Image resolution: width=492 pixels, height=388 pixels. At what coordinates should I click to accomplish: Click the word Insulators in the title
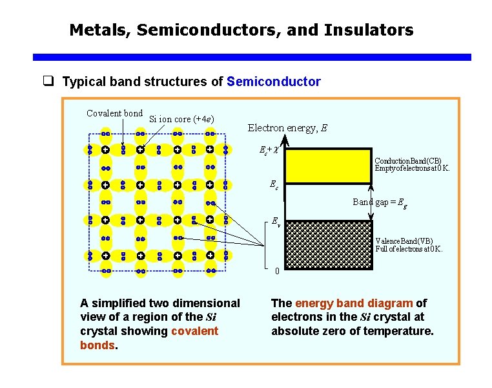373,30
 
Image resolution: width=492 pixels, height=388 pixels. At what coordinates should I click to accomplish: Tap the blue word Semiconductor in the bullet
274,81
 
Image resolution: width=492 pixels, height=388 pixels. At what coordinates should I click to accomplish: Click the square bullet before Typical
47,81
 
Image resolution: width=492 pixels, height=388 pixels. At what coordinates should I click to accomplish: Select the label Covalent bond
115,114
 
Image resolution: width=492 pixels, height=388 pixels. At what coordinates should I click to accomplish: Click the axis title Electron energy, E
287,128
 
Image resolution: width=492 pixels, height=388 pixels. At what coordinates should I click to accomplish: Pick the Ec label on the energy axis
274,186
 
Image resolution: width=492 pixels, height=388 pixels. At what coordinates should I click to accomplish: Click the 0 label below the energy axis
276,270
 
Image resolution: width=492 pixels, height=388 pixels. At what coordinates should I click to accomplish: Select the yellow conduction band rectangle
327,167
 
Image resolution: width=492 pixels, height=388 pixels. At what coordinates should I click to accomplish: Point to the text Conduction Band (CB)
409,160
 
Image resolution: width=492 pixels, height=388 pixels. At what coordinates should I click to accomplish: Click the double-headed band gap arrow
371,202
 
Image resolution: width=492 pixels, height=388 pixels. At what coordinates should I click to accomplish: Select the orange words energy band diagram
354,303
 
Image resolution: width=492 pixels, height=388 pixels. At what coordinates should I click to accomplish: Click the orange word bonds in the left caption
97,345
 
